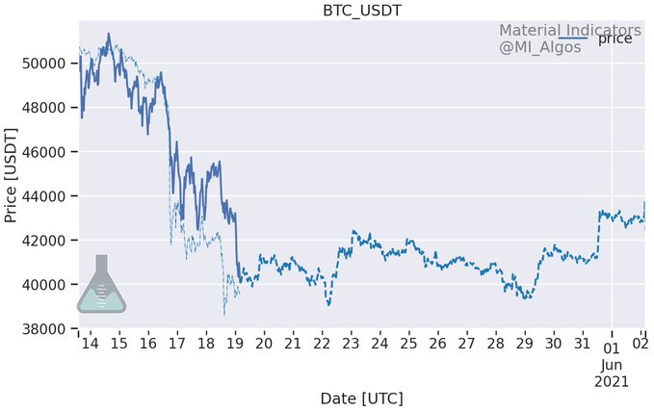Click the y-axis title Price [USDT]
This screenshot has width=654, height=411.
pos(12,173)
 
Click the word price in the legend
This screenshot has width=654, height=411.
pos(615,39)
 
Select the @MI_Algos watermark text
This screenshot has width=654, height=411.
pos(539,47)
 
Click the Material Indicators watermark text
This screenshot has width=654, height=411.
pos(568,30)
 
